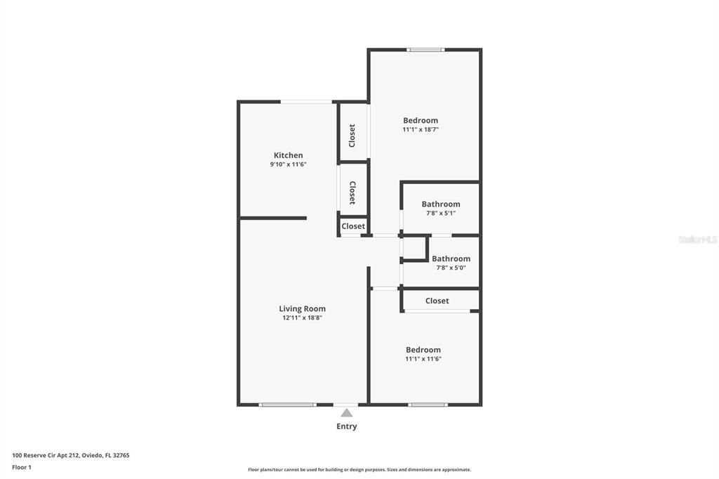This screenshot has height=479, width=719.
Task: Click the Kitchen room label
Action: click(288, 155)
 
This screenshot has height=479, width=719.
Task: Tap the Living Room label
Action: click(302, 308)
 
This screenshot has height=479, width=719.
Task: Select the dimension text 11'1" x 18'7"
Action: click(421, 129)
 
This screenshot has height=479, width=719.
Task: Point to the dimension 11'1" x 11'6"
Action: click(423, 359)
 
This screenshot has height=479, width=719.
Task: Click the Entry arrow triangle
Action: click(347, 413)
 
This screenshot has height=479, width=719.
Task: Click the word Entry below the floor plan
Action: click(347, 426)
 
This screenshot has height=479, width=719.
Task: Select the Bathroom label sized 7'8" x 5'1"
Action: click(441, 204)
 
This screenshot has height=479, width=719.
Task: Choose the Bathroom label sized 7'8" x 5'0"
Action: click(451, 258)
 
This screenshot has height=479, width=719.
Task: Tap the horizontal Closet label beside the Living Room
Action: click(353, 226)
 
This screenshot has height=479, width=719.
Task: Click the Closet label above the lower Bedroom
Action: click(437, 301)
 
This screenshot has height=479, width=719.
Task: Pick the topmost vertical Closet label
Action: click(352, 135)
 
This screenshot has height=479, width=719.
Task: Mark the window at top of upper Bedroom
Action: click(426, 50)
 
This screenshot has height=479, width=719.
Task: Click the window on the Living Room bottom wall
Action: click(287, 405)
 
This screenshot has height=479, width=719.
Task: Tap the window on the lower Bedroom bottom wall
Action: click(428, 405)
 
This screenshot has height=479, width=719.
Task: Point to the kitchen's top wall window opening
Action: click(306, 102)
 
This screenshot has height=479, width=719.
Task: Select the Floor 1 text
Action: click(22, 467)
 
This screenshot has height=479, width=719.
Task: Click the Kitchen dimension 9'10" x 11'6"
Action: click(288, 164)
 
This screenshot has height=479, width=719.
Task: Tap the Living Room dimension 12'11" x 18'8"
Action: click(302, 317)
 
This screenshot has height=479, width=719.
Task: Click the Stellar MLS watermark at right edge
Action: click(697, 240)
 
